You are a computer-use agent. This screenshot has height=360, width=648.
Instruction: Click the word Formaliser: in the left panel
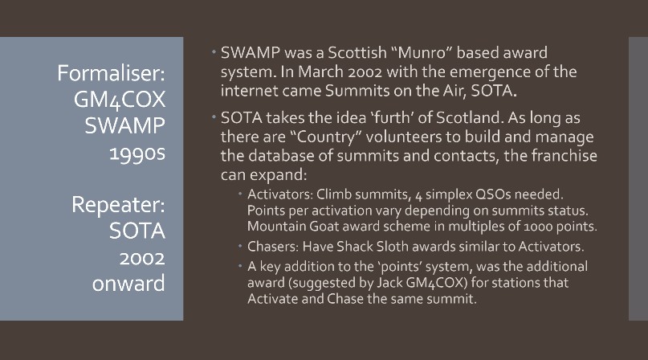pos(111,73)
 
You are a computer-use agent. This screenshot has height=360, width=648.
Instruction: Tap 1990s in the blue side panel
pos(137,153)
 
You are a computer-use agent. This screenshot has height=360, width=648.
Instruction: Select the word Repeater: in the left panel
pos(118,205)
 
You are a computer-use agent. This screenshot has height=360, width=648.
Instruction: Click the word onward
pos(128,284)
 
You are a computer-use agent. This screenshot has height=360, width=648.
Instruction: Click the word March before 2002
pos(320,72)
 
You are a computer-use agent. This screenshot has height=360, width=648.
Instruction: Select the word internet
pos(250,91)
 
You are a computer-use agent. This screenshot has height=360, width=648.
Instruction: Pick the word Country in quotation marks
pos(330,137)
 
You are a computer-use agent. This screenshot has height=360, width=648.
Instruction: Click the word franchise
pos(564,156)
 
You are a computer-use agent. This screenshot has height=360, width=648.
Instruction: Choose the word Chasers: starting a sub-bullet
pos(273,247)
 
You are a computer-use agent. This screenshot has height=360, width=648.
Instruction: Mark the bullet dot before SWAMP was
pos(214,52)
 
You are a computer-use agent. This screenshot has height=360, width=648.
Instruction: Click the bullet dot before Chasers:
pos(240,246)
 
